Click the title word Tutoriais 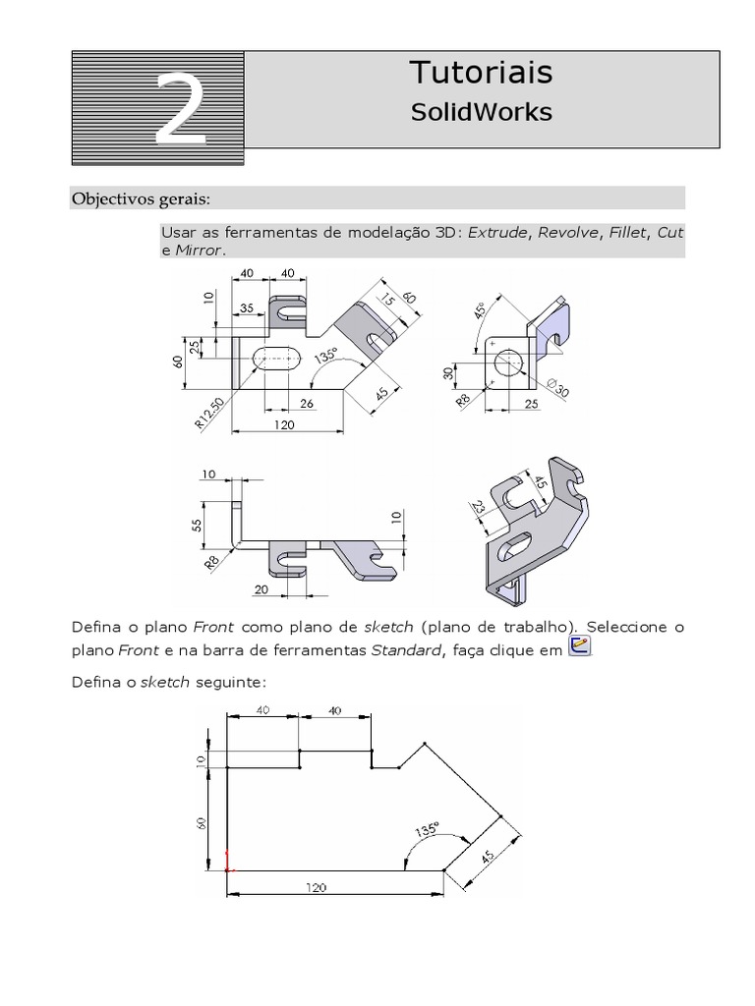point(481,72)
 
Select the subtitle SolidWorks point(481,113)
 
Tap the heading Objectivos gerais point(141,199)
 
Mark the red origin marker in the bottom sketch point(228,862)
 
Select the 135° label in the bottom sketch point(426,830)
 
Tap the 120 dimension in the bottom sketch point(315,887)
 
